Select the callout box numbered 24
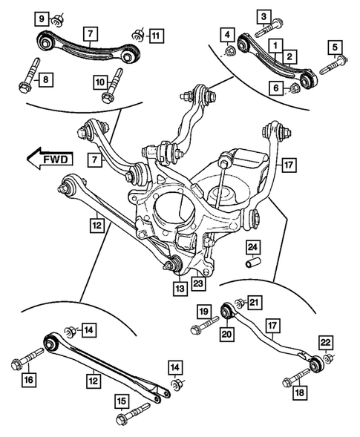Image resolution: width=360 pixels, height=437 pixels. (252, 247)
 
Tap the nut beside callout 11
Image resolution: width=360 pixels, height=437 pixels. (137, 34)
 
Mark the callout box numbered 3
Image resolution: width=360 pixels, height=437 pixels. (263, 16)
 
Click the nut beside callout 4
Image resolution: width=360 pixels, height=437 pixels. (230, 50)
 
